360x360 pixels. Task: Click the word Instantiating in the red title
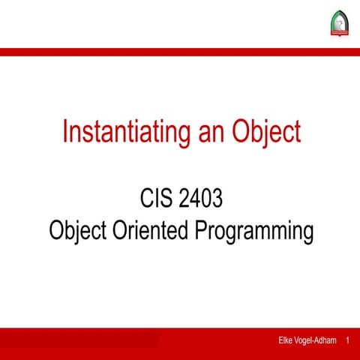point(119,132)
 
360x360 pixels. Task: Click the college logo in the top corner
point(339,25)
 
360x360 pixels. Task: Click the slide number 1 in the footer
point(348,341)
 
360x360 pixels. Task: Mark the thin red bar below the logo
point(180,52)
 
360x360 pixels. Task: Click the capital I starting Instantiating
point(65,132)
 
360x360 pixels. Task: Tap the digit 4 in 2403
point(192,200)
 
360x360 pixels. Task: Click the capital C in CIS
point(146,200)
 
